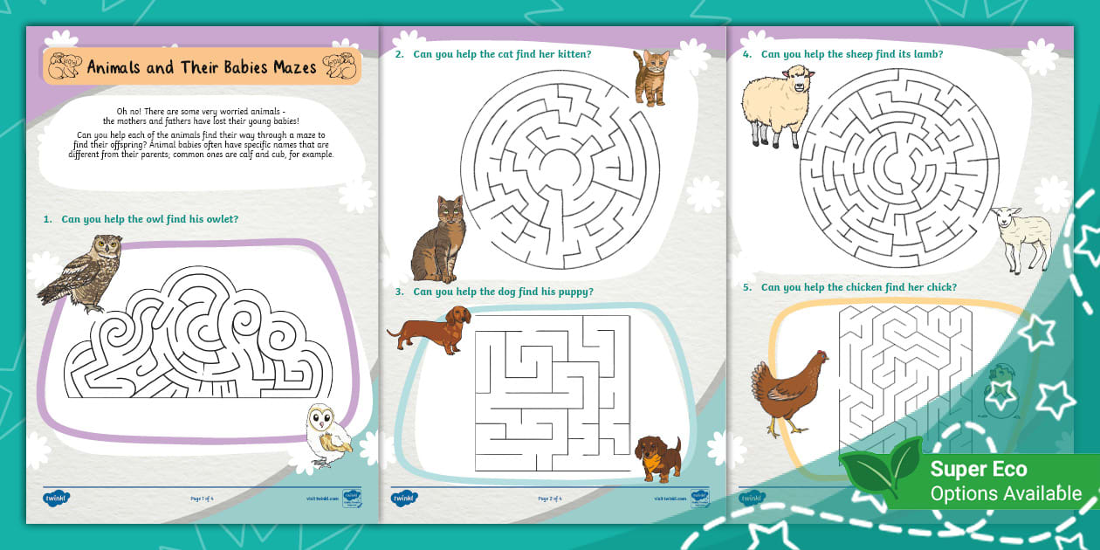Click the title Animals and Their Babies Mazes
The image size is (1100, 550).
point(202,67)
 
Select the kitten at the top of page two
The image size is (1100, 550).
point(650,77)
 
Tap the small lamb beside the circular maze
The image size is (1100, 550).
point(1023,237)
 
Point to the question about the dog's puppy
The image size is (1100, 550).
point(503,292)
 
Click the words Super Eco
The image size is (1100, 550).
point(978,469)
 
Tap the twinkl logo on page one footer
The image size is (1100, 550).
point(56,498)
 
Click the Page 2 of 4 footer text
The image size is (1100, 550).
point(549,498)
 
